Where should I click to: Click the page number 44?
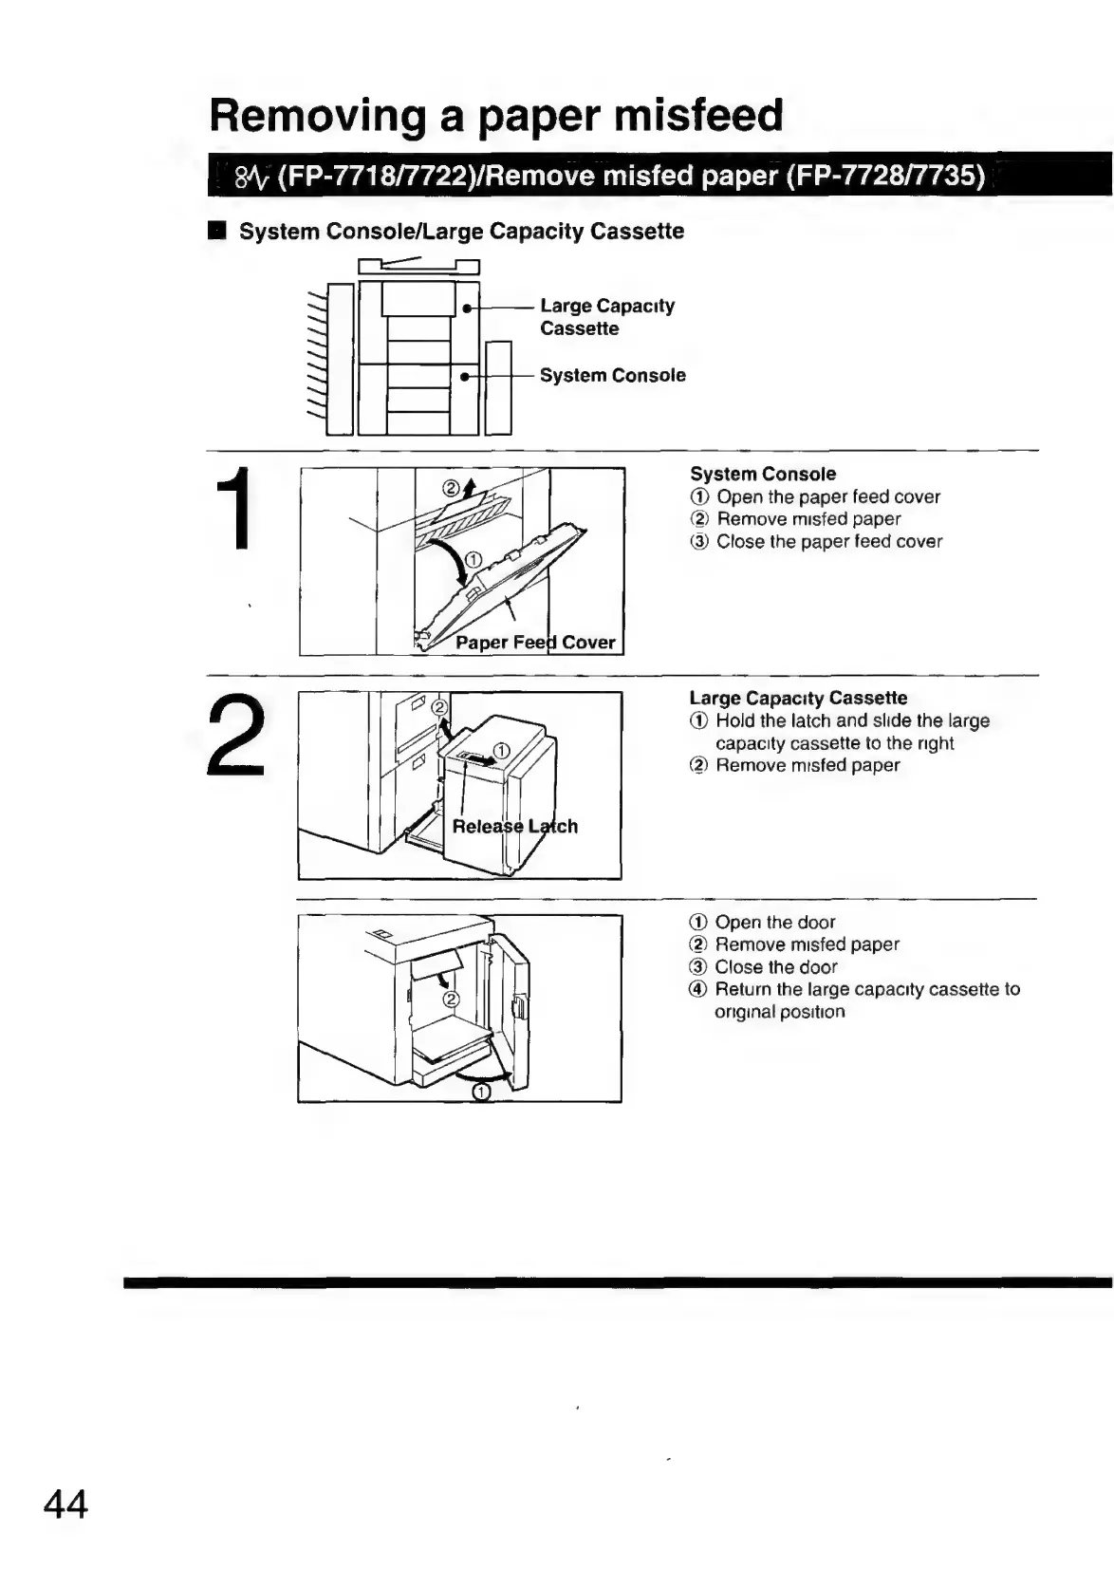pyautogui.click(x=65, y=1505)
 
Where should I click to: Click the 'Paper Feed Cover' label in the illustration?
pyautogui.click(x=535, y=643)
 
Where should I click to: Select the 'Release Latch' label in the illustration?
pyautogui.click(x=514, y=826)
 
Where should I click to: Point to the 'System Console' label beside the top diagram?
pyautogui.click(x=612, y=375)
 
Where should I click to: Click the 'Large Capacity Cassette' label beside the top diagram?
pyautogui.click(x=606, y=317)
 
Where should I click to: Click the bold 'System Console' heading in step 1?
pyautogui.click(x=763, y=474)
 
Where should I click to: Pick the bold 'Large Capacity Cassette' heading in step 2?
pyautogui.click(x=798, y=698)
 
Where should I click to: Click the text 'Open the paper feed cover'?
pyautogui.click(x=827, y=496)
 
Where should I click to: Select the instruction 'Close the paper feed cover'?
pyautogui.click(x=828, y=542)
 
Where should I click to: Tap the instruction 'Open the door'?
pyautogui.click(x=774, y=922)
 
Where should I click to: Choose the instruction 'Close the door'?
pyautogui.click(x=775, y=967)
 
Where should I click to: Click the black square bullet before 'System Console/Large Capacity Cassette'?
pyautogui.click(x=218, y=232)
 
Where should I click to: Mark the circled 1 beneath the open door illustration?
pyautogui.click(x=481, y=1093)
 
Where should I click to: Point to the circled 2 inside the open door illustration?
pyautogui.click(x=452, y=999)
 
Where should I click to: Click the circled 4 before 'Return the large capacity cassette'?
pyautogui.click(x=698, y=990)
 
